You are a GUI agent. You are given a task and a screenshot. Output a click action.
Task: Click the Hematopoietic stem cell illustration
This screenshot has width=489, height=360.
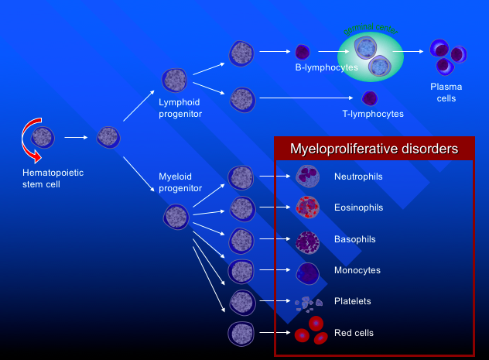43,138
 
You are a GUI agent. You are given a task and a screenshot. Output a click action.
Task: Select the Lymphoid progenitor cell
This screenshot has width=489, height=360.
174,80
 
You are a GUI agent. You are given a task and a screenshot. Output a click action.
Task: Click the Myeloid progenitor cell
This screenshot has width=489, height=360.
176,216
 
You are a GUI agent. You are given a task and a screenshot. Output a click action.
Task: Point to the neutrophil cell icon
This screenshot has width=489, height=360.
308,177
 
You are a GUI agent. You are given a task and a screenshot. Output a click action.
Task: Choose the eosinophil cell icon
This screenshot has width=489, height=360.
308,208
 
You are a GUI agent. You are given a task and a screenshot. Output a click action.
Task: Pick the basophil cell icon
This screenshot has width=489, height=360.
308,240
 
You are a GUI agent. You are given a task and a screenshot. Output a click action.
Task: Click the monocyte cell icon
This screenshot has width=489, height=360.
308,271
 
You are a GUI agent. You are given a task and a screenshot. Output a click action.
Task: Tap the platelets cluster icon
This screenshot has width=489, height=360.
308,302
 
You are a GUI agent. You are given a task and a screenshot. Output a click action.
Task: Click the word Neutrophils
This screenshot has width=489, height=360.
357,177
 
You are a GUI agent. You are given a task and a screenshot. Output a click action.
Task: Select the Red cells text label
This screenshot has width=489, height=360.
354,333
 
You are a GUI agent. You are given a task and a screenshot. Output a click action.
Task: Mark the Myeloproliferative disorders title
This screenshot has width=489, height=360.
373,149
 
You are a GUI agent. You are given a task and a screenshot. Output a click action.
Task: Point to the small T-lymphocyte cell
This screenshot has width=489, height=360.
370,98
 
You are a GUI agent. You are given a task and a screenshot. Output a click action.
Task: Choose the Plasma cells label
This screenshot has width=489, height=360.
446,92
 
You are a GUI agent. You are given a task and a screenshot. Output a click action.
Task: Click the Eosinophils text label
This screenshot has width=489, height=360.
358,208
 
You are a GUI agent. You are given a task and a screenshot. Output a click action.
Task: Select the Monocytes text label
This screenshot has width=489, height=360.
357,270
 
